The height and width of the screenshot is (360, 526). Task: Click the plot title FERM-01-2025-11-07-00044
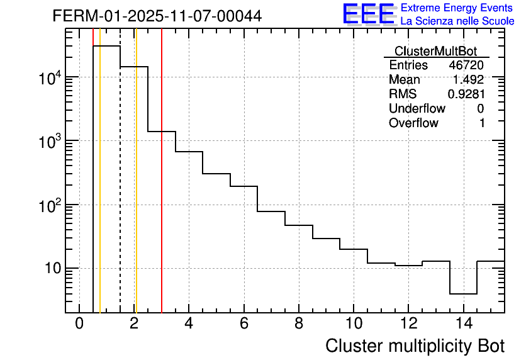coord(157,16)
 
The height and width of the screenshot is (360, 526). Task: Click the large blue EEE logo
coord(369,14)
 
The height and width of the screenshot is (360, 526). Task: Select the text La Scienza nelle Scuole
coord(457,21)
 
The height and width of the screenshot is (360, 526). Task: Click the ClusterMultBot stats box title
coord(435,51)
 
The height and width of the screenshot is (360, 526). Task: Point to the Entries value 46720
coord(466,65)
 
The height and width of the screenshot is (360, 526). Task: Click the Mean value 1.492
coord(468,80)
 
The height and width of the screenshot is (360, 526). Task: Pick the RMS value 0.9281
coord(466,94)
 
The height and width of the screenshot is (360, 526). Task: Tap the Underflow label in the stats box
coord(417,109)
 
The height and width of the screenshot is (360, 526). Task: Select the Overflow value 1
coord(482,123)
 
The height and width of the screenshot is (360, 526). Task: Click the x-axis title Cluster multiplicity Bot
coord(415,346)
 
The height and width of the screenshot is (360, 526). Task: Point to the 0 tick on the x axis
coord(79,323)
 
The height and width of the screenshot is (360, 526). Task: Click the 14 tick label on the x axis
coord(463,323)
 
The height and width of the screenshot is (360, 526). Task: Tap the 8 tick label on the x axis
coord(299,323)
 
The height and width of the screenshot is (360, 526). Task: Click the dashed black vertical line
coord(120,189)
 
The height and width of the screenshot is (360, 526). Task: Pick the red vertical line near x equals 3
coord(162,189)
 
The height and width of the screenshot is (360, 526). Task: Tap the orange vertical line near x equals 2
coord(136,189)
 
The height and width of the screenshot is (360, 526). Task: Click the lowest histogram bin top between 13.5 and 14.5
coord(463,294)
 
